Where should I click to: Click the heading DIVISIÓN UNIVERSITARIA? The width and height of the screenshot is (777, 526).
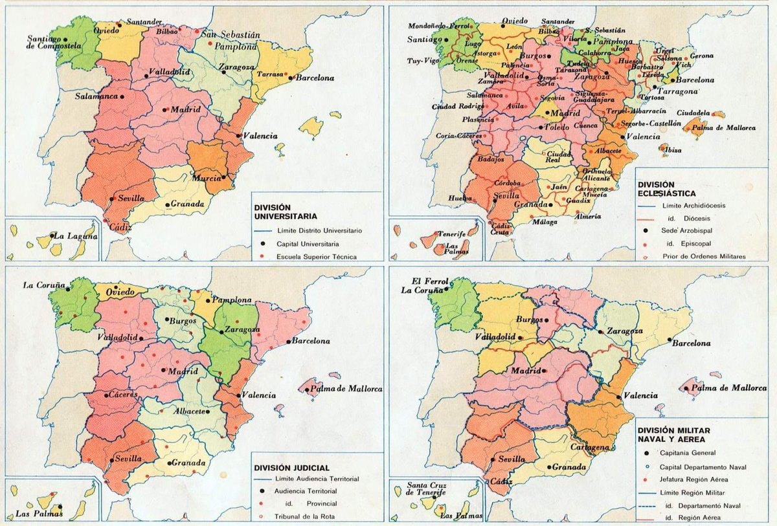[284, 212]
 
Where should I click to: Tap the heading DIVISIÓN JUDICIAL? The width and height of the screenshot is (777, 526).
[292, 467]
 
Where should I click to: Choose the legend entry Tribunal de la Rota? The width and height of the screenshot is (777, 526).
[304, 515]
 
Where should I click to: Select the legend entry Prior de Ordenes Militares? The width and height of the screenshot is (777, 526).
[704, 256]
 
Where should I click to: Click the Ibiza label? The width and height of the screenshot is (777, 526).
[672, 150]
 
